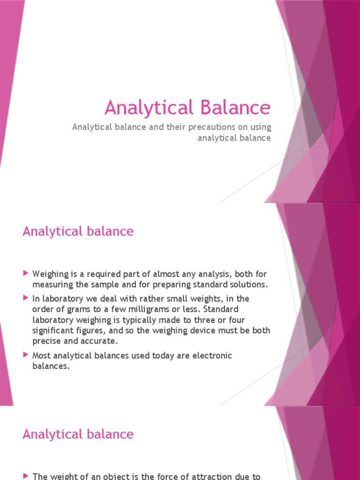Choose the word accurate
[x=102, y=341]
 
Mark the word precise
[x=46, y=341]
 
